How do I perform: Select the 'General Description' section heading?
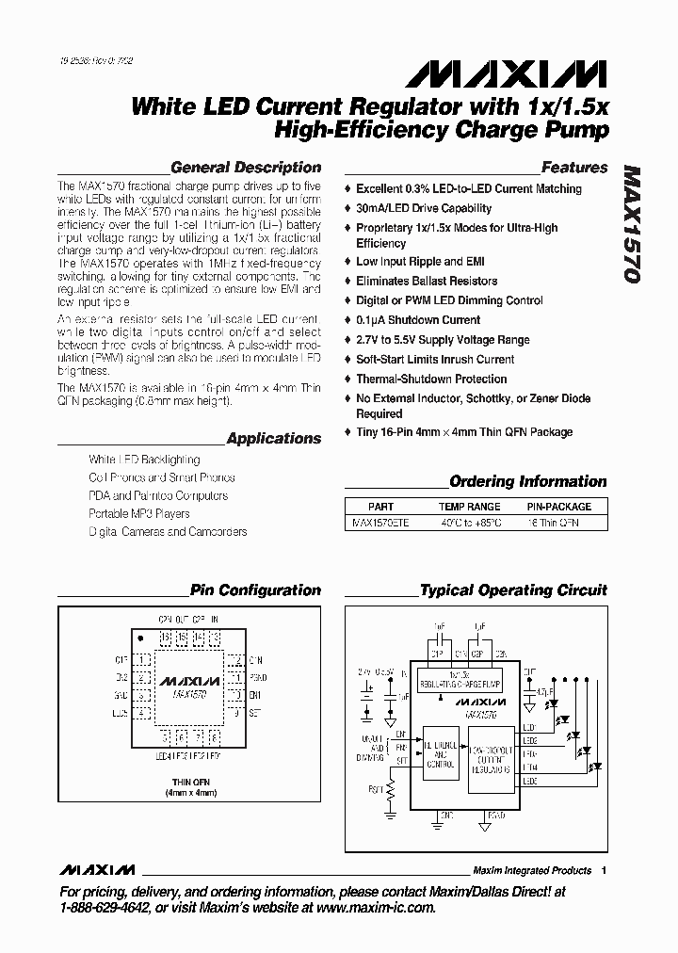click(x=246, y=168)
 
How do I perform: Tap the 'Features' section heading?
click(x=574, y=168)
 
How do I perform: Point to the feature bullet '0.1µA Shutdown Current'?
click(x=418, y=320)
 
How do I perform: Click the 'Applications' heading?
click(x=274, y=439)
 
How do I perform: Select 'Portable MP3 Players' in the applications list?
click(x=139, y=514)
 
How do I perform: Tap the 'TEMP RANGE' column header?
click(x=470, y=507)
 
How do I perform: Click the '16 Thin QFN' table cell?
click(x=555, y=522)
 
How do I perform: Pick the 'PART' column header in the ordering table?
click(x=380, y=507)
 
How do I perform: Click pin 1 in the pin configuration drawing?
click(x=141, y=661)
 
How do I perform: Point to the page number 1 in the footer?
click(x=604, y=870)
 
